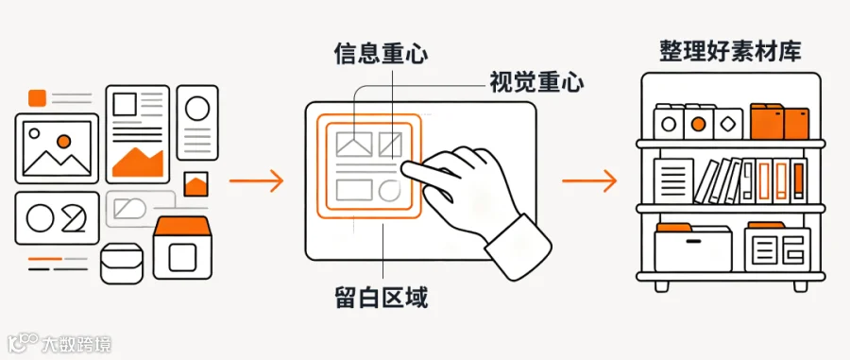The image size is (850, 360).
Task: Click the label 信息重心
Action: pyautogui.click(x=381, y=53)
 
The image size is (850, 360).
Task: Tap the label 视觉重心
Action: pyautogui.click(x=536, y=82)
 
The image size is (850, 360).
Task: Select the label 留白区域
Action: pyautogui.click(x=382, y=296)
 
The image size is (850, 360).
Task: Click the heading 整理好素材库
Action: pyautogui.click(x=731, y=52)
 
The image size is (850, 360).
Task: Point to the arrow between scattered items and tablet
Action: pyautogui.click(x=256, y=180)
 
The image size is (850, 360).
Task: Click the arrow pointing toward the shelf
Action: pyautogui.click(x=589, y=180)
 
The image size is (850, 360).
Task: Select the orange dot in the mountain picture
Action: pyautogui.click(x=63, y=142)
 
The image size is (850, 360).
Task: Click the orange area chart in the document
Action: pyautogui.click(x=138, y=163)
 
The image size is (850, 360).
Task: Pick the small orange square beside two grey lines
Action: pyautogui.click(x=38, y=97)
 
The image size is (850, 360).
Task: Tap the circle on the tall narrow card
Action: pyautogui.click(x=197, y=108)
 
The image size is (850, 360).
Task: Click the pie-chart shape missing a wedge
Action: pyautogui.click(x=73, y=218)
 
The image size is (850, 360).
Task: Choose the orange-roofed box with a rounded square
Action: pyautogui.click(x=181, y=248)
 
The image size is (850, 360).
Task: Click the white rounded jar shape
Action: pyautogui.click(x=122, y=263)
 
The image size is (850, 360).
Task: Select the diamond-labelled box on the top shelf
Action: pyautogui.click(x=728, y=124)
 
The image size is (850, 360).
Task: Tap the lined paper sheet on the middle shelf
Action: pyautogui.click(x=673, y=180)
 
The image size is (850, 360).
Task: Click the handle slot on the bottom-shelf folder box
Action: pyautogui.click(x=693, y=241)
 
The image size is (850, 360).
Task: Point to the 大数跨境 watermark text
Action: pyautogui.click(x=77, y=344)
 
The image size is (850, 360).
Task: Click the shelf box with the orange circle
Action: pyautogui.click(x=699, y=123)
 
